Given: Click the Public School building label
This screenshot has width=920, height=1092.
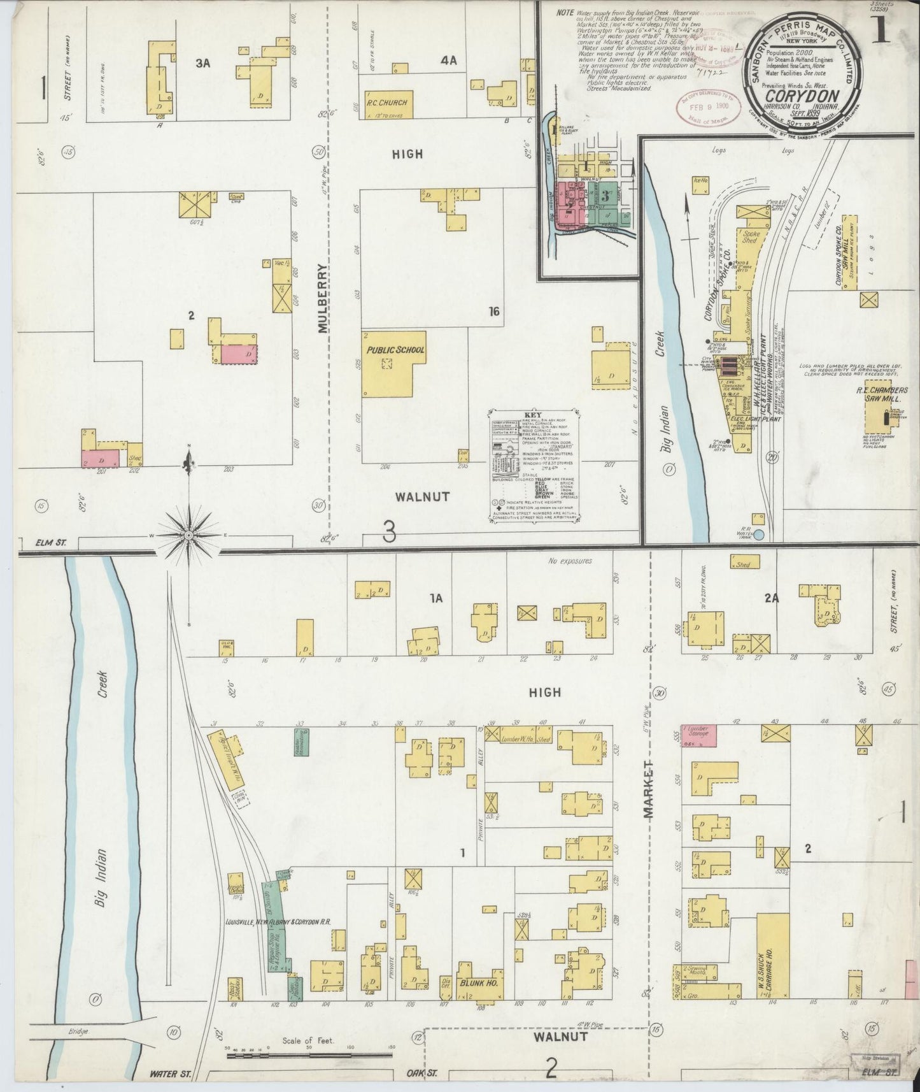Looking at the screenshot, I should pyautogui.click(x=395, y=350).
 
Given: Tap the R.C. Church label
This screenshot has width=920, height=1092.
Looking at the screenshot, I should pyautogui.click(x=386, y=102).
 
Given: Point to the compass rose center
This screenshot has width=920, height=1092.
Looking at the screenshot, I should pyautogui.click(x=189, y=536).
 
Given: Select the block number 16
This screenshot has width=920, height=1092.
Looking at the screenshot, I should pyautogui.click(x=494, y=312).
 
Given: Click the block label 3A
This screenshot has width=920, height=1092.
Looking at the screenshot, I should pyautogui.click(x=202, y=62).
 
